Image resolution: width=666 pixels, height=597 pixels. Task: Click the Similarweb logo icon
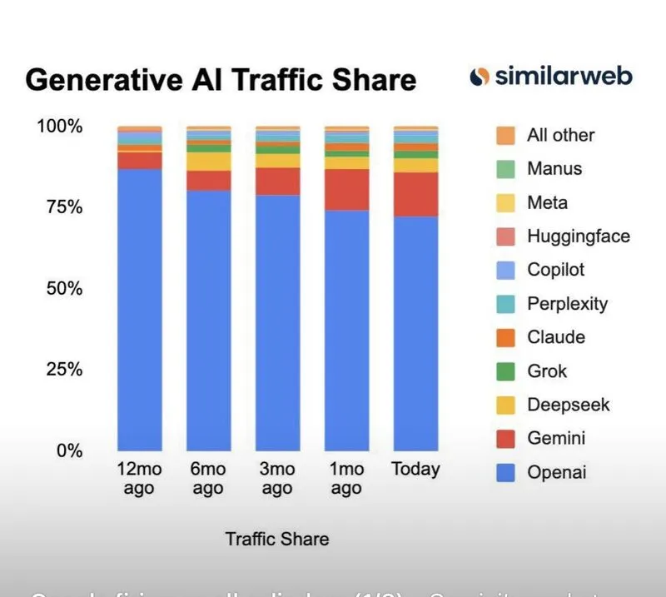coord(479,77)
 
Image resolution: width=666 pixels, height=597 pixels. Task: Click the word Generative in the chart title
coord(96,80)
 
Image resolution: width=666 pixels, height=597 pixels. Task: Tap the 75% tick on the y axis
coord(59,207)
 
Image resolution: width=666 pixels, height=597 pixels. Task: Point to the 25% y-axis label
coord(59,369)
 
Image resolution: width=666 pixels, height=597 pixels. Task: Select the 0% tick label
coord(67,450)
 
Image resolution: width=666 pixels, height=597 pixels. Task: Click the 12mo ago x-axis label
coord(139,479)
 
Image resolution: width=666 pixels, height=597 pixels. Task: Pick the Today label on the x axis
coord(415,469)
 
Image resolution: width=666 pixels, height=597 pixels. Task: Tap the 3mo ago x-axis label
coord(277,479)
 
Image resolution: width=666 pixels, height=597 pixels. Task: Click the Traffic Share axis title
coord(276,539)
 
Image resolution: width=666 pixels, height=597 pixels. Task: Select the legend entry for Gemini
coord(556,438)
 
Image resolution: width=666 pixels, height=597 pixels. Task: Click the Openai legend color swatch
coord(505,472)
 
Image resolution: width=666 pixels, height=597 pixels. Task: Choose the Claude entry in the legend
coord(556,337)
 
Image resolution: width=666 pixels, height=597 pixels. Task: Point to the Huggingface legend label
coord(578,236)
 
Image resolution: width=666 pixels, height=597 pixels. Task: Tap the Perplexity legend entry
coord(567,303)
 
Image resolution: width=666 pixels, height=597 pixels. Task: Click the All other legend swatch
coord(505,135)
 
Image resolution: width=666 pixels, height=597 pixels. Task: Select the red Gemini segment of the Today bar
coord(415,194)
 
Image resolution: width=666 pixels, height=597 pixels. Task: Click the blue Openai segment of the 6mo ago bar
coord(208,321)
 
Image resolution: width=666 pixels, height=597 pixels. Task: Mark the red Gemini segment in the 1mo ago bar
coord(346,189)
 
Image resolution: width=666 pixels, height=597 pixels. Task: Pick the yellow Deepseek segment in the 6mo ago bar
coord(208,162)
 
